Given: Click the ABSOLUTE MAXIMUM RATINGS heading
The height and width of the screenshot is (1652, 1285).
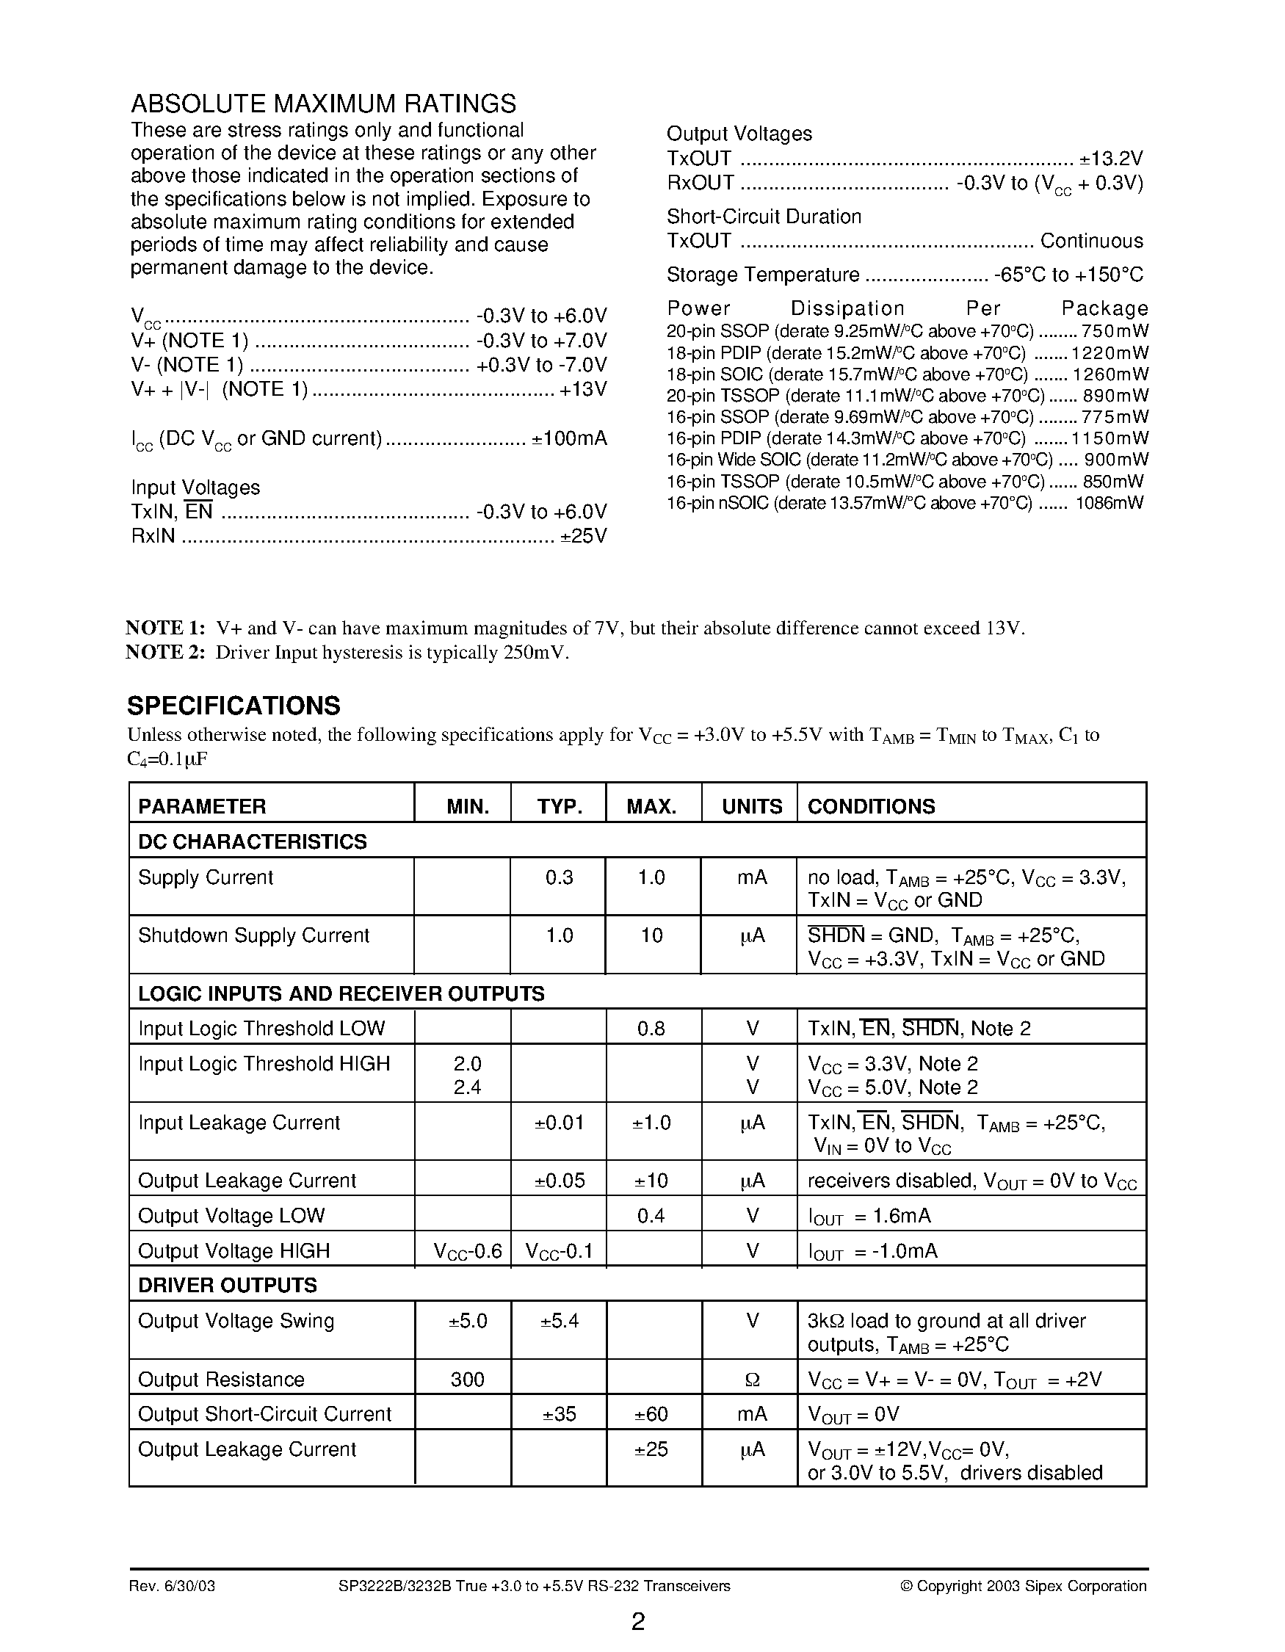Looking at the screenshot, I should [x=324, y=104].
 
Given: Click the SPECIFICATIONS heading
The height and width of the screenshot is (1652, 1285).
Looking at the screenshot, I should [x=234, y=706].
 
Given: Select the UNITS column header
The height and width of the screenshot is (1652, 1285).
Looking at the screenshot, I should [x=751, y=806].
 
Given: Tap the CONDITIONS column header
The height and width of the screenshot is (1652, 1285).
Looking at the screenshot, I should [x=872, y=806].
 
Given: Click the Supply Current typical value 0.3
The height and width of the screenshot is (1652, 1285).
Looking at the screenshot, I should [x=559, y=877].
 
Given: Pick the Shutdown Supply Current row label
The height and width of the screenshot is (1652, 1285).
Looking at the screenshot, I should [x=253, y=935].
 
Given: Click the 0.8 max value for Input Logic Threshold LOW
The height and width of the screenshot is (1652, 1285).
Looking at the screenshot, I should [x=651, y=1029].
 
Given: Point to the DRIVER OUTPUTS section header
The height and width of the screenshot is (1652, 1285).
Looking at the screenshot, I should [x=227, y=1285].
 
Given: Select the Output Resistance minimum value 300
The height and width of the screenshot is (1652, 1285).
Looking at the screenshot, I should [x=467, y=1380].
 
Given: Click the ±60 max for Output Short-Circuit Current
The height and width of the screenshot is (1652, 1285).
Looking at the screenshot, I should [x=651, y=1415].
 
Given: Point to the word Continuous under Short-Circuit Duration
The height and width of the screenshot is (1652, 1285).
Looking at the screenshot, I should [x=1091, y=242].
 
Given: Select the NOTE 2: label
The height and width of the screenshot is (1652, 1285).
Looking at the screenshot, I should [x=165, y=653].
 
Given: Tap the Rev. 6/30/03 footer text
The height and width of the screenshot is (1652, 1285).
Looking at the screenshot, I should [x=172, y=1586].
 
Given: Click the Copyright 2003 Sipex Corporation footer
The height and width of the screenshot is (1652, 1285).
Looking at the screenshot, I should [x=1024, y=1586].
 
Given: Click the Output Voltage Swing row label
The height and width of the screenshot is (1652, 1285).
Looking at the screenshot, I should [x=235, y=1322].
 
